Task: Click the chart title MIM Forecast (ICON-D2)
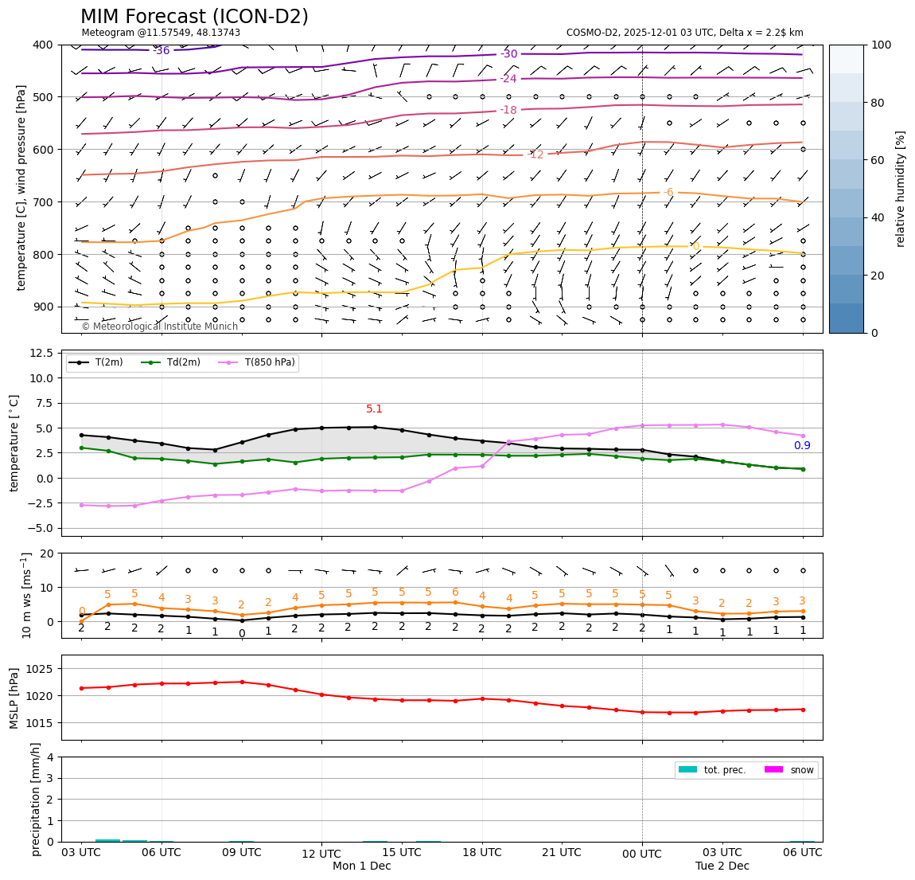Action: pos(194,17)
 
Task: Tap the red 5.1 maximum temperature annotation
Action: pos(374,409)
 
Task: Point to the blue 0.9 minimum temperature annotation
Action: pos(802,446)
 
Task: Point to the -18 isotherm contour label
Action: pos(508,110)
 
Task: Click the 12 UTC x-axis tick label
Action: pos(321,854)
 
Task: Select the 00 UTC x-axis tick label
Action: pos(641,854)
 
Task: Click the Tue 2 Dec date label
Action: pos(722,866)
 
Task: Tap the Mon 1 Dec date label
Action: pos(361,866)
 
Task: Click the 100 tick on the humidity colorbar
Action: pos(882,45)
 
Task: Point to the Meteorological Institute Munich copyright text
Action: pos(159,327)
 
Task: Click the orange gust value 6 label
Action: pos(455,593)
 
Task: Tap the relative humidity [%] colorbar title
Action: pos(901,189)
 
